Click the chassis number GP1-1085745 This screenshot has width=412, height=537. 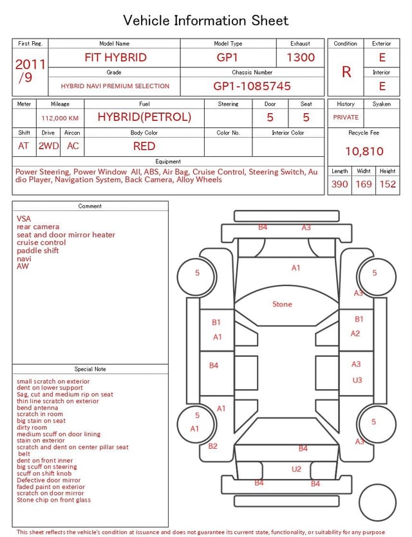click(252, 86)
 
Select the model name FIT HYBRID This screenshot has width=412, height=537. click(115, 57)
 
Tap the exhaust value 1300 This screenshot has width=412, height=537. click(301, 57)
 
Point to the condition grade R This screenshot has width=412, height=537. click(346, 72)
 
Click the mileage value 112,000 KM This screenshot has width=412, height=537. click(60, 118)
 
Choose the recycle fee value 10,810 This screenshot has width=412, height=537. click(364, 151)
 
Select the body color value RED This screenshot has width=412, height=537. click(144, 146)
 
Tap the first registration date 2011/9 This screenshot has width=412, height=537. click(30, 71)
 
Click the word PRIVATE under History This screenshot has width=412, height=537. click(346, 117)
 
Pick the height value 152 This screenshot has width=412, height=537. click(388, 184)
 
